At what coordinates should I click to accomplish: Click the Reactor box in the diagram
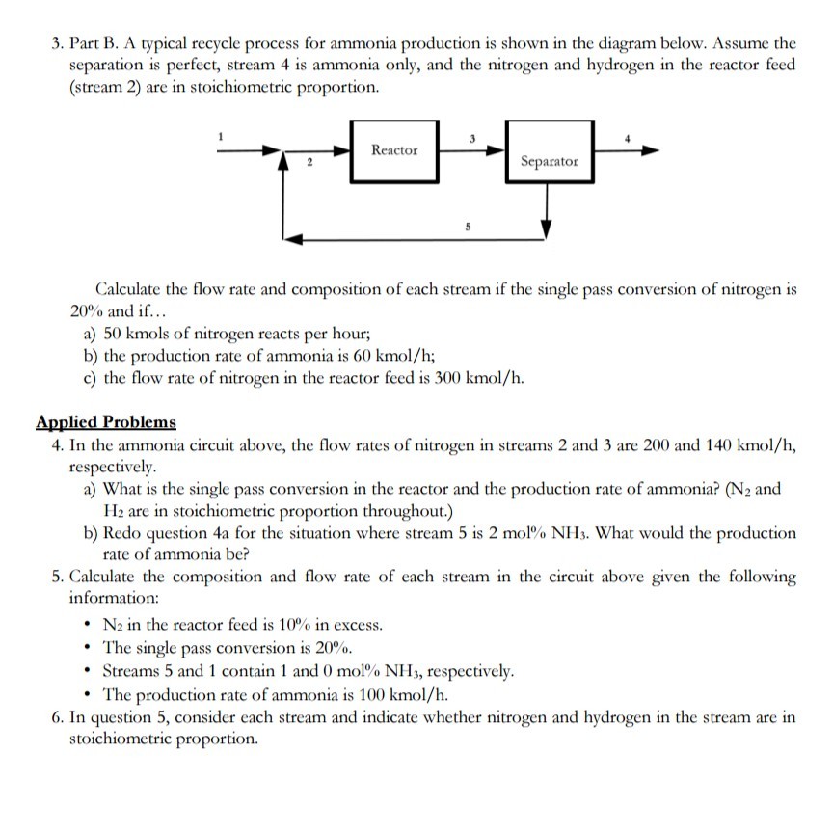[395, 150]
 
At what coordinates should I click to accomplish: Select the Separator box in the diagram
[550, 160]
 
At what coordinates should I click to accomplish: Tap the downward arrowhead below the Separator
[547, 228]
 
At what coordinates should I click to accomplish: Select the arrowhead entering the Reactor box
[341, 150]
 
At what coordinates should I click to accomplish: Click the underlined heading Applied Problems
[106, 421]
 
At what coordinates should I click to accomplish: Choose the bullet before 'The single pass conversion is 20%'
[89, 647]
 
